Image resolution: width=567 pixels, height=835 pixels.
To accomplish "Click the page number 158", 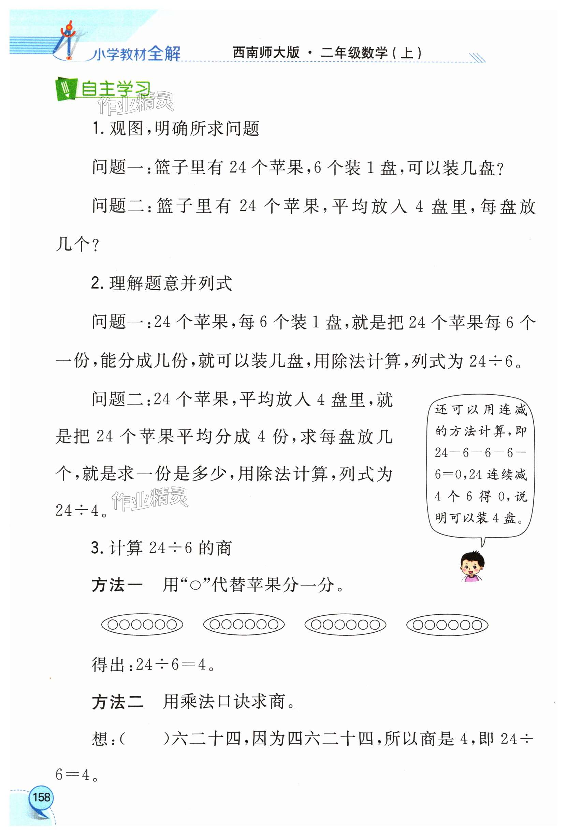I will tap(41, 797).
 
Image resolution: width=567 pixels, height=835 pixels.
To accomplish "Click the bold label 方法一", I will tap(117, 585).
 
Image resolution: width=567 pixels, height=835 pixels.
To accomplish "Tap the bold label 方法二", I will tap(117, 702).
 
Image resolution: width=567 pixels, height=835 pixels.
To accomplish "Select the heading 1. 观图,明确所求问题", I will tap(175, 128).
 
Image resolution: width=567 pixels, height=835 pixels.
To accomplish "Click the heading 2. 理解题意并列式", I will tap(162, 283).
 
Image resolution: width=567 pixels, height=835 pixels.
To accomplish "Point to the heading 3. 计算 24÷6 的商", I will tap(161, 548).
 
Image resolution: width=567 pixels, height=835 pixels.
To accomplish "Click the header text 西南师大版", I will tap(265, 53).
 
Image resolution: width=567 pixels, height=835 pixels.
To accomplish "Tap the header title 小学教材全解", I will tap(136, 54).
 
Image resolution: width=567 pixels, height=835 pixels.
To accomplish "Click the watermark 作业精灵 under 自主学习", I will tap(136, 103).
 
